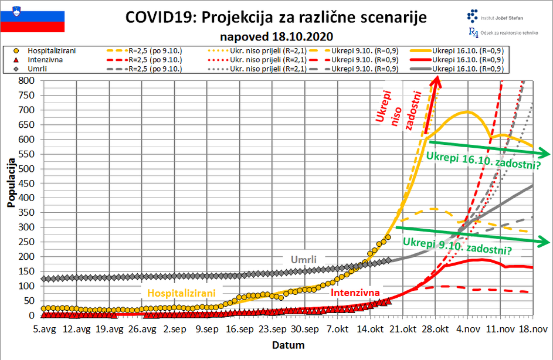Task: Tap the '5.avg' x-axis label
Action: pyautogui.click(x=44, y=330)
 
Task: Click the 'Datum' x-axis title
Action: pyautogui.click(x=288, y=345)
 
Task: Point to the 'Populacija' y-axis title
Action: pyautogui.click(x=11, y=182)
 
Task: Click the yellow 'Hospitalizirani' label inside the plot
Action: pyautogui.click(x=181, y=292)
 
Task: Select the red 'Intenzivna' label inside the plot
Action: pyautogui.click(x=355, y=292)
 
